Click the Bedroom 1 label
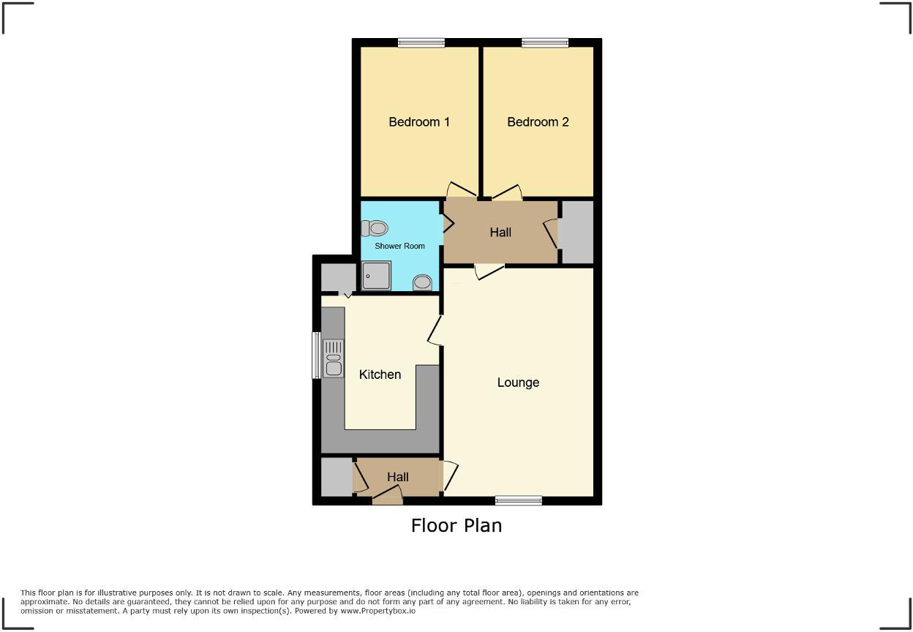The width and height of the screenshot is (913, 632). pos(418,122)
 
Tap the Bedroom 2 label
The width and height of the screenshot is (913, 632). pos(538,122)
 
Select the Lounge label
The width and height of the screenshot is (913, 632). pos(518,383)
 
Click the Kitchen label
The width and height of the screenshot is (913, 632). pos(380,375)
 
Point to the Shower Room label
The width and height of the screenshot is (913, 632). pos(399,247)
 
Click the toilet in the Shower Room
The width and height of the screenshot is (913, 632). pos(375,228)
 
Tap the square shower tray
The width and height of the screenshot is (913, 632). pos(376,276)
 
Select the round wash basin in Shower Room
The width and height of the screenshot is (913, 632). pos(422,282)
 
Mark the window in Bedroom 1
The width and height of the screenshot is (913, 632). pos(421,43)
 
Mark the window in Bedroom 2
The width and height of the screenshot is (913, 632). pos(545,43)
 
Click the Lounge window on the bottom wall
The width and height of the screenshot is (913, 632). pos(518,500)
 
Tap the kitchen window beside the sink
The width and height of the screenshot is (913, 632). pos(317,355)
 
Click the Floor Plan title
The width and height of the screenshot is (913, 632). pos(456,525)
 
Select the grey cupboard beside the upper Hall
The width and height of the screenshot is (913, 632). pos(576,232)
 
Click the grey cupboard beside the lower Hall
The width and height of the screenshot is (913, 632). pos(337,477)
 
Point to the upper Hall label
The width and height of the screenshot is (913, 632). pos(500,233)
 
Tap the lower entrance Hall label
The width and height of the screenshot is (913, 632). pos(397,477)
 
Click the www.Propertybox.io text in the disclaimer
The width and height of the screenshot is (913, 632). pos(377,610)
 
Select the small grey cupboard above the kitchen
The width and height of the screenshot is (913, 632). pos(338,278)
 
